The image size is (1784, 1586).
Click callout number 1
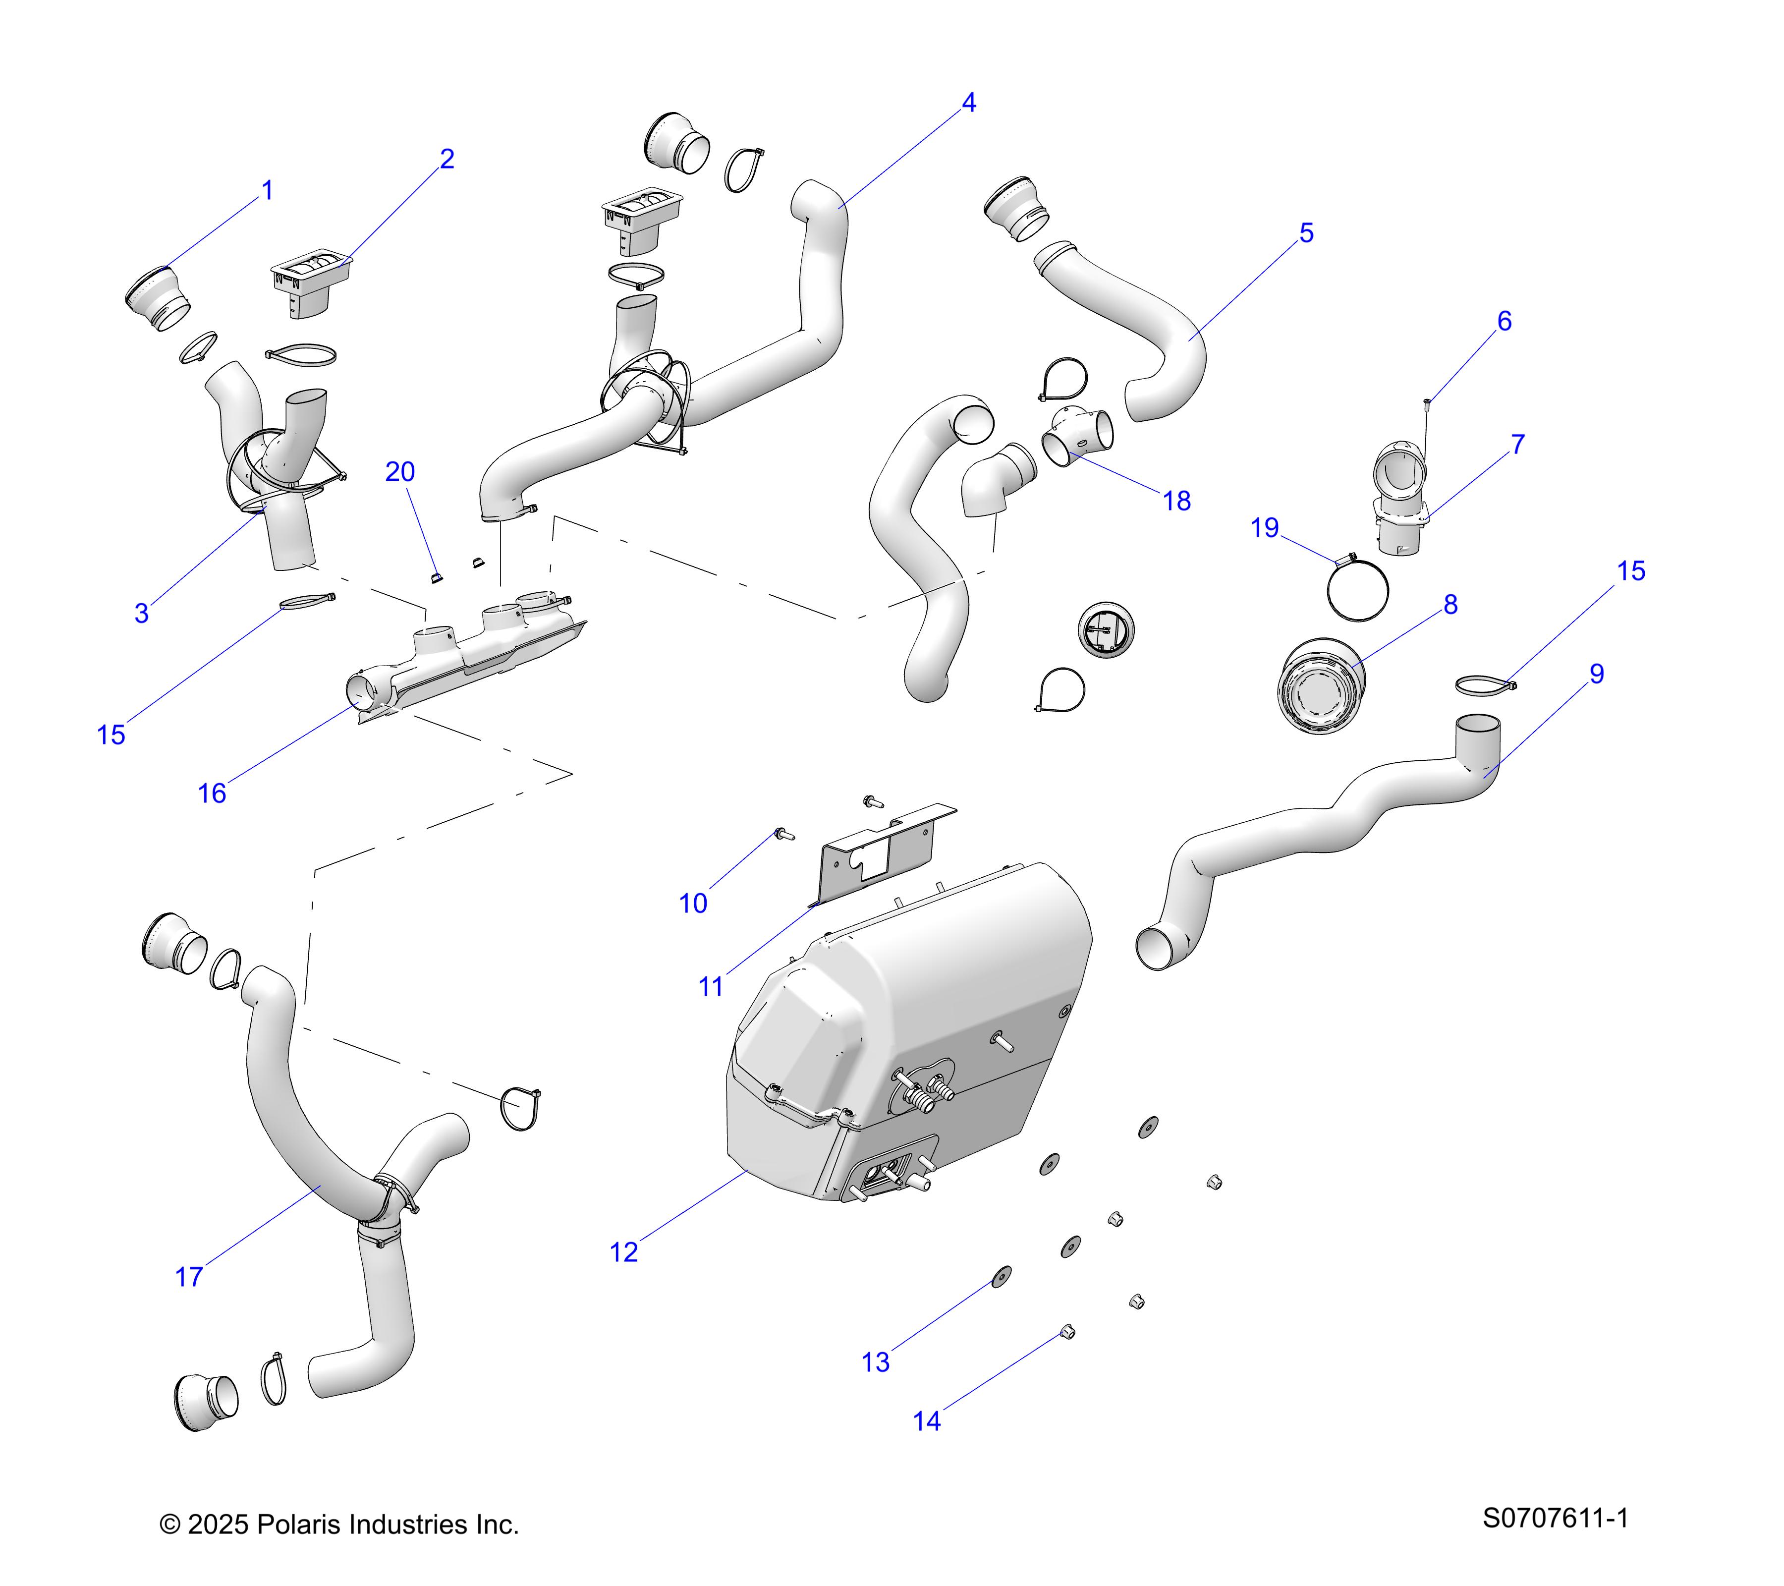(268, 190)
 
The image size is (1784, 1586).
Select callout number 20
(400, 472)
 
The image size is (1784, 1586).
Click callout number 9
(1596, 674)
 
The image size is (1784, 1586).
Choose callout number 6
(1504, 321)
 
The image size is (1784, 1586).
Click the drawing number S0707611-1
(1555, 1518)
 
